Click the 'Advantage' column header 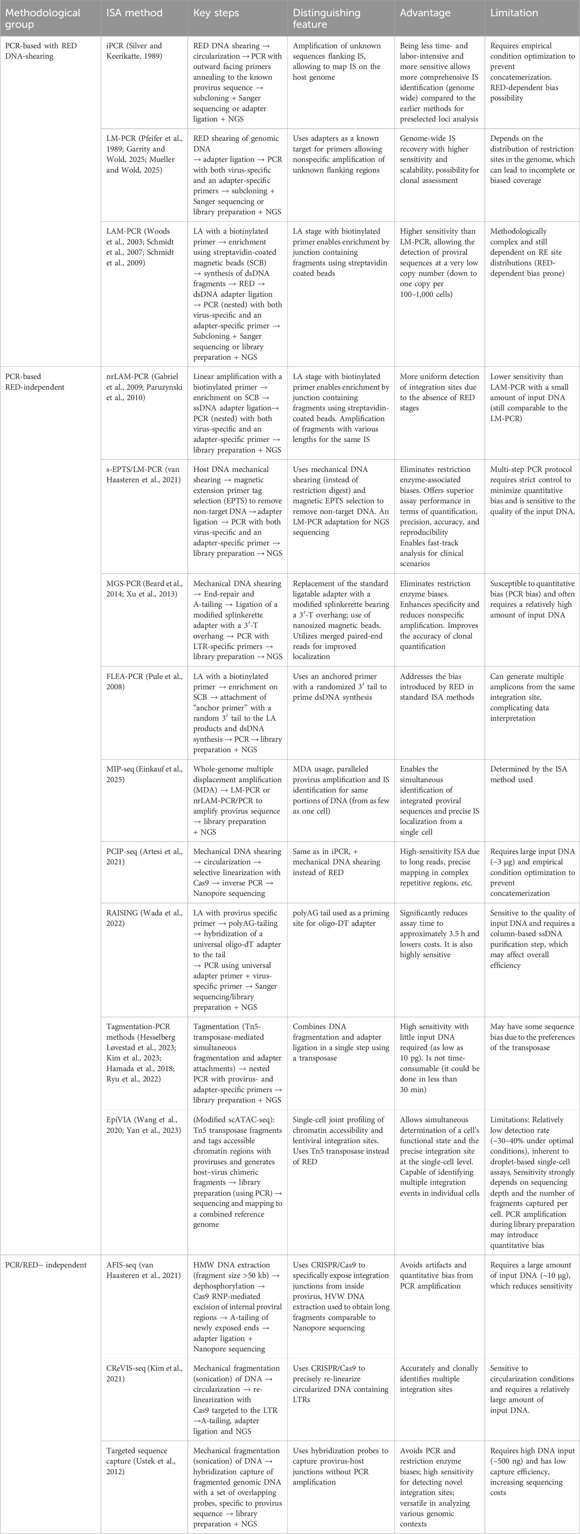(424, 13)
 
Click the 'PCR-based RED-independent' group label (34, 382)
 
